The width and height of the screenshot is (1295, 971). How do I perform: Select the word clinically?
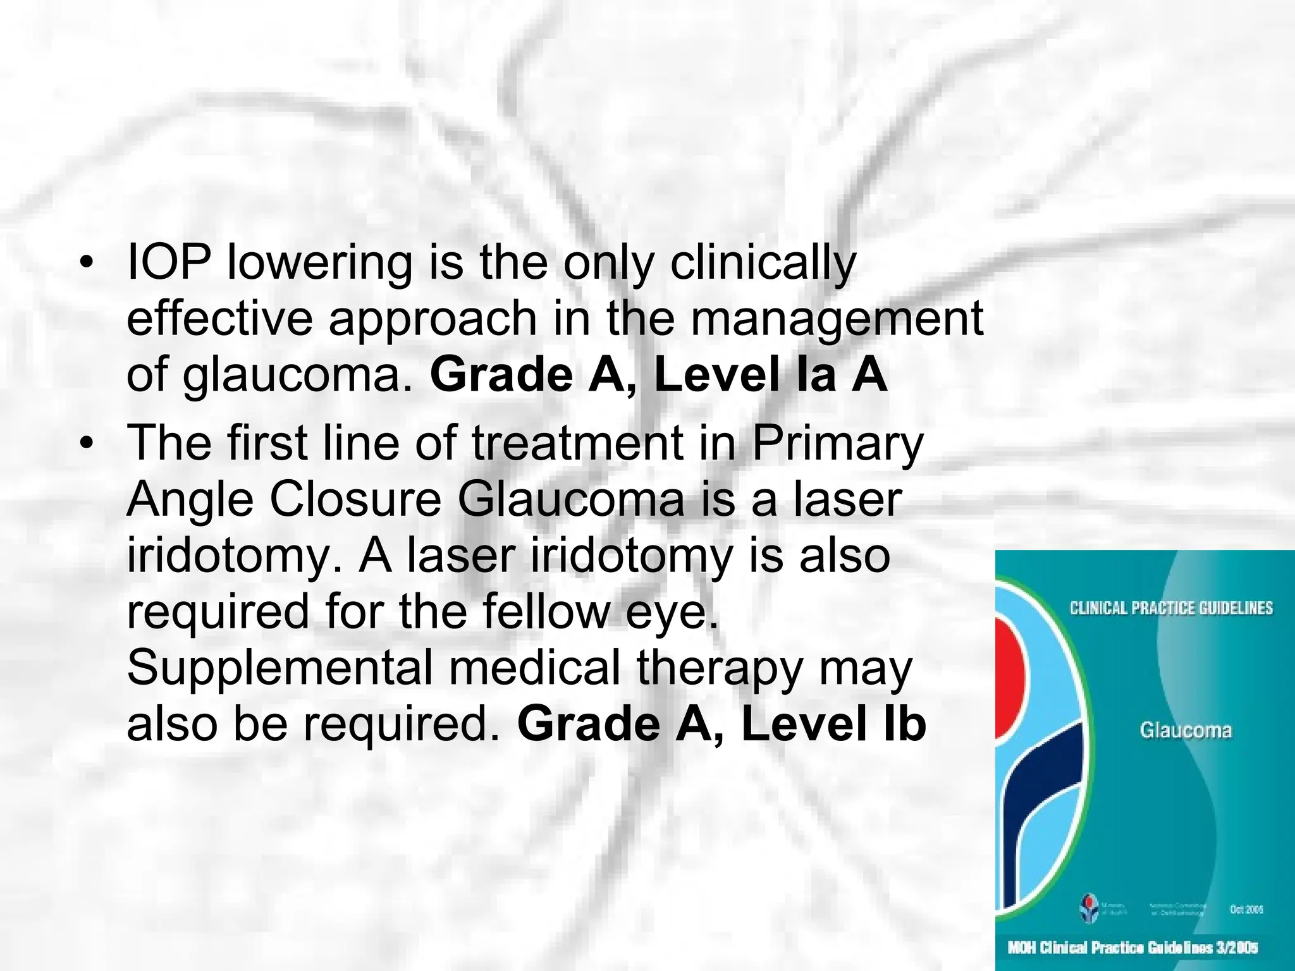[x=763, y=264]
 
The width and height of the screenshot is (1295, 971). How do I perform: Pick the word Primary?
[x=838, y=444]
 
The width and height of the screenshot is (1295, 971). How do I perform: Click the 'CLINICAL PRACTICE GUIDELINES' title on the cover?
[x=1171, y=608]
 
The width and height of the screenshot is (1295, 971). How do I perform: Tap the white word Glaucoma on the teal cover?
[x=1186, y=731]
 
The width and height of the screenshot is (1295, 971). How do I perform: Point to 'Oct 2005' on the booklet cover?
[x=1246, y=909]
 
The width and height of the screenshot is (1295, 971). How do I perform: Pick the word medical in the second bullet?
[x=535, y=668]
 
